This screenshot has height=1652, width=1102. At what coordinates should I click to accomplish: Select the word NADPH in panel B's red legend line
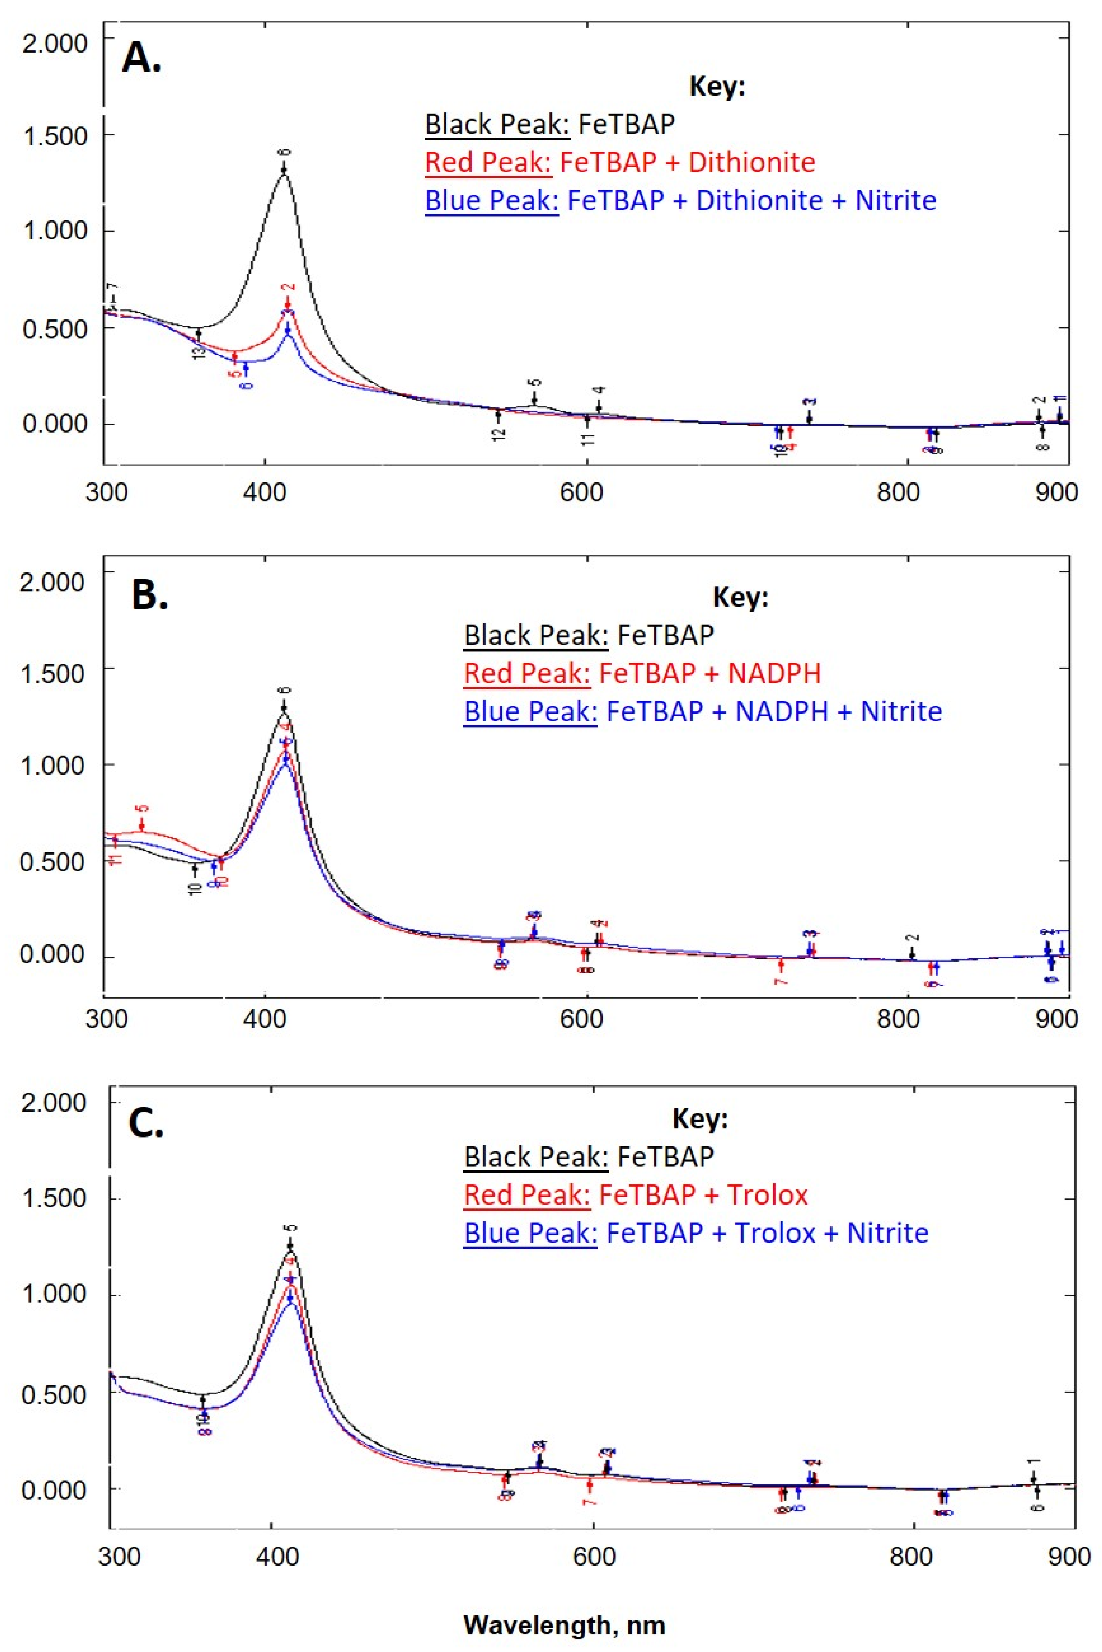774,674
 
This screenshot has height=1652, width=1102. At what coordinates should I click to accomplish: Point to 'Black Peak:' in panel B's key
536,636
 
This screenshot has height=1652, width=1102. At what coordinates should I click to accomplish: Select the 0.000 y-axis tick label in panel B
52,956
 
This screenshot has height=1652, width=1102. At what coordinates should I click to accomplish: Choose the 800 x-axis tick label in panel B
900,1019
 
